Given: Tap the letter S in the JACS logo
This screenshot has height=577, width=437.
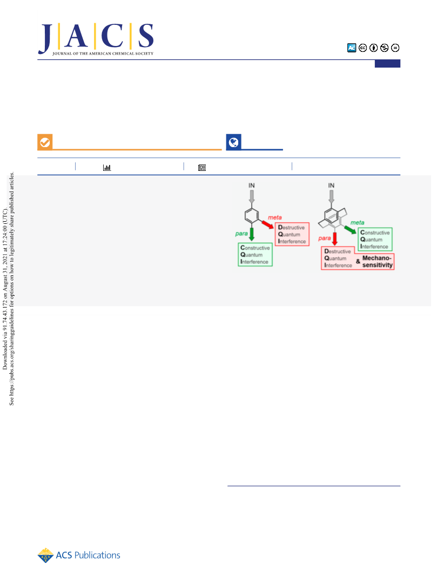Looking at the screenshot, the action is point(146,36).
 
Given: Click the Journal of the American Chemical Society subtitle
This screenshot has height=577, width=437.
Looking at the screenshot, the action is point(103,54).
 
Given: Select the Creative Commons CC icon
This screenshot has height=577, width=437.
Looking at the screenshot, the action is point(363,48).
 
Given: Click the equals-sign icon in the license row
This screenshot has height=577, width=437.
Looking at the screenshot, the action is point(395,48).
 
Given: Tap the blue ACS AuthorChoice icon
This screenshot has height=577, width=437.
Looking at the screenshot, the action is point(352,48).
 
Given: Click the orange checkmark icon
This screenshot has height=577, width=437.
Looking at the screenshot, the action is point(45,142).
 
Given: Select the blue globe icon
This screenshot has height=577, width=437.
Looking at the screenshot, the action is point(233,142).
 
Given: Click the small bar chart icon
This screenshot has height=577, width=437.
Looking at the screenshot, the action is point(107,168).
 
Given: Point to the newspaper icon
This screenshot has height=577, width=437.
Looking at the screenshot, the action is point(202,168).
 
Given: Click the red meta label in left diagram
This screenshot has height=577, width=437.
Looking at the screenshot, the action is point(274,217).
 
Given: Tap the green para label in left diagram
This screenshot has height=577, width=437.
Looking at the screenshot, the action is point(241,234).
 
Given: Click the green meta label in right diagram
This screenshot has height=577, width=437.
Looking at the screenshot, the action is point(357,223).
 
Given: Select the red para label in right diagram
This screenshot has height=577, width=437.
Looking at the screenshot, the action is point(324,238).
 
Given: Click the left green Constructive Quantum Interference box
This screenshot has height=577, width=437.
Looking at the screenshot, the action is point(255,255).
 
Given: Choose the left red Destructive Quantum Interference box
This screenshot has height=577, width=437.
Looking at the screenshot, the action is point(292,234).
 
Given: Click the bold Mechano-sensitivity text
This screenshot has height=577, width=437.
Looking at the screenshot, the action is point(378,262).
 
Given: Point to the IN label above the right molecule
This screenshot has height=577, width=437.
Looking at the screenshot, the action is point(331,185).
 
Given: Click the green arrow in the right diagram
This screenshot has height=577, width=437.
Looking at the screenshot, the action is point(350,230).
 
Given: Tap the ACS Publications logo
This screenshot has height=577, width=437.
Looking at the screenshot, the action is point(79,555).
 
